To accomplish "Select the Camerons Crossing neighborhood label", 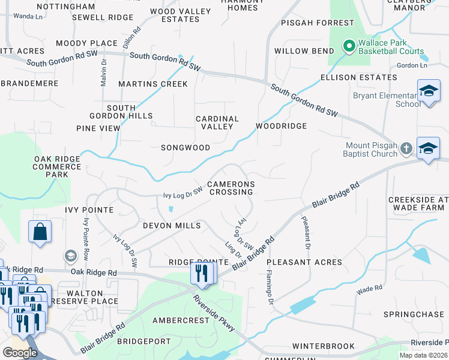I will click(x=231, y=188).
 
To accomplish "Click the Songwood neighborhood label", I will click(x=185, y=148).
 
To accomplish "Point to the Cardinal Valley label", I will click(x=217, y=122).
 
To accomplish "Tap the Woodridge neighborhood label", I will click(x=281, y=126).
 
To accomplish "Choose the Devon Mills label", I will click(x=171, y=226).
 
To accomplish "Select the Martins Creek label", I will click(x=153, y=84).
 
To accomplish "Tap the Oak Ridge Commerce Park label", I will click(x=57, y=166).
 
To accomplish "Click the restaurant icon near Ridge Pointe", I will click(x=200, y=274).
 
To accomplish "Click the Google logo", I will click(x=20, y=352).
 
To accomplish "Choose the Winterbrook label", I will click(x=324, y=346).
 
